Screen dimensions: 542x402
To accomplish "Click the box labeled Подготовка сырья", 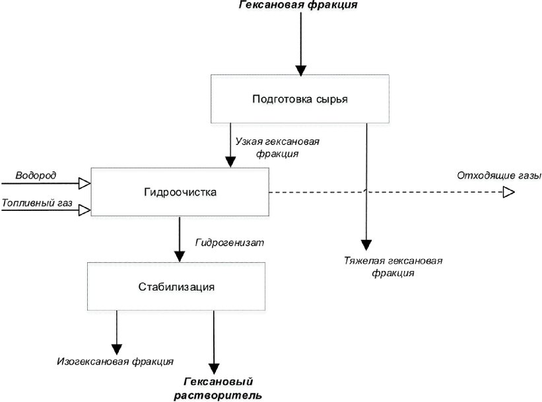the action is (x=300, y=99).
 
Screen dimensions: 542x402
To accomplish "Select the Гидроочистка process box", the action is (x=180, y=192).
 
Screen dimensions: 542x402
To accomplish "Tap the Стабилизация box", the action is (x=176, y=287).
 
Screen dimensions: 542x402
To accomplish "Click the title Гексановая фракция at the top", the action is (x=298, y=5).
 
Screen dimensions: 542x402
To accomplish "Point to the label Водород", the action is (x=36, y=175).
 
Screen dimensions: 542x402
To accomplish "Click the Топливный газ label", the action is (x=37, y=202).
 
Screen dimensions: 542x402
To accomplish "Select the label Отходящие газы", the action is (x=499, y=175).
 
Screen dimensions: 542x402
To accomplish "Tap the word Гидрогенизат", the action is (x=230, y=243).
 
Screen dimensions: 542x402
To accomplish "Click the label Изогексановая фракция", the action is (x=115, y=361).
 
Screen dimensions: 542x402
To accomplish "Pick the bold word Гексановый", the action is (x=219, y=382).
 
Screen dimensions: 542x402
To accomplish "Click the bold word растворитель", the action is (x=218, y=395).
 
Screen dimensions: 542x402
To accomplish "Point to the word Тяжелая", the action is (x=364, y=260).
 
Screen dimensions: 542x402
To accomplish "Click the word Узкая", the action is (x=248, y=142).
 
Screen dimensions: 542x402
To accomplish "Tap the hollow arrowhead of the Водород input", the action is (x=85, y=183).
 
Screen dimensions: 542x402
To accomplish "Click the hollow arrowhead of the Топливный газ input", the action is (x=85, y=210).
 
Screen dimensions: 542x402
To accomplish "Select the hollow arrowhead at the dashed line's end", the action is (x=509, y=192).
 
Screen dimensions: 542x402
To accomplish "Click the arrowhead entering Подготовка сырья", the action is (x=301, y=71).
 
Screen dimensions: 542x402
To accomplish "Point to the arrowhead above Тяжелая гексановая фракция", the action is (x=366, y=244).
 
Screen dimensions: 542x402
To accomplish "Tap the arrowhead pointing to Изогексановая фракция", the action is (x=117, y=349).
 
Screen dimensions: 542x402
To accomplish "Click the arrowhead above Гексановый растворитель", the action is (x=215, y=369).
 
